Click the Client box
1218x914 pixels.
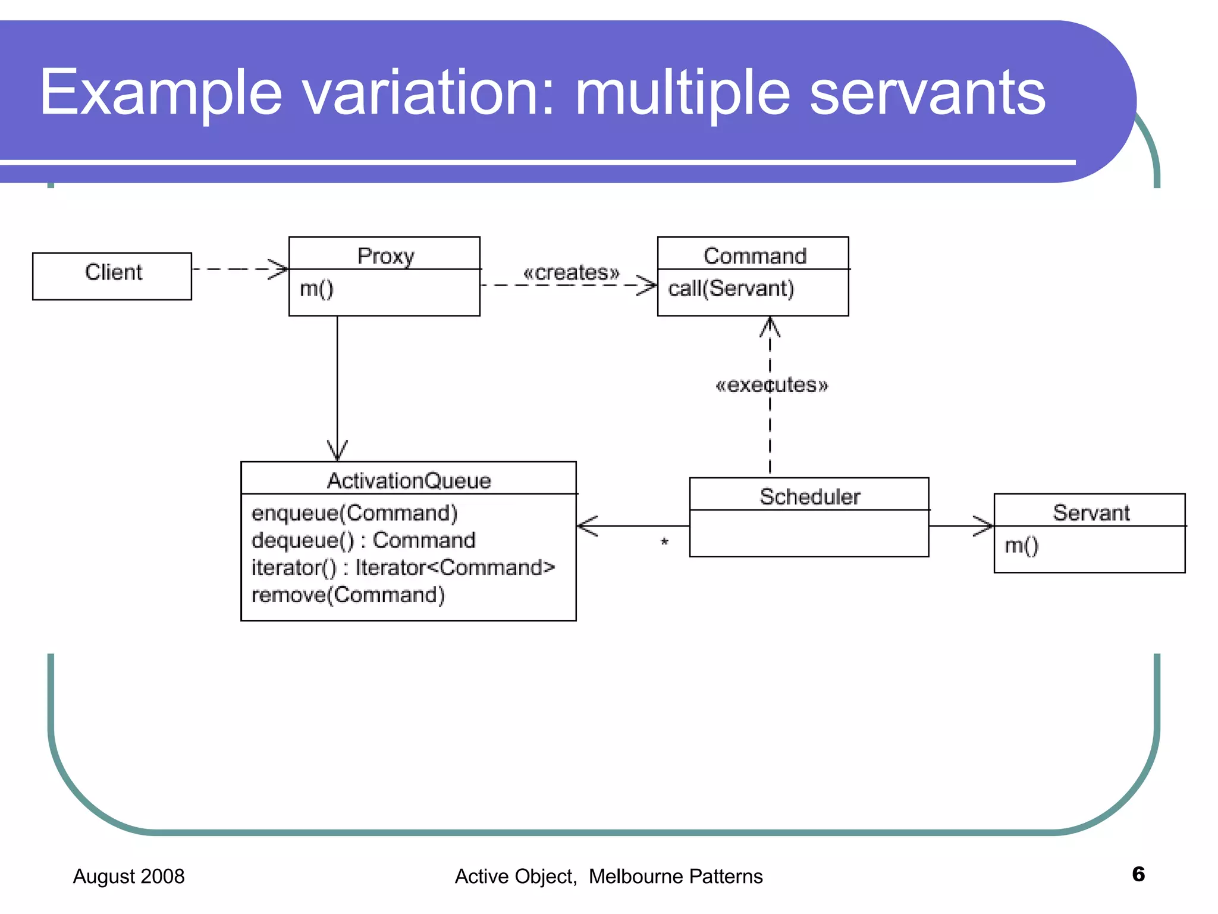point(112,276)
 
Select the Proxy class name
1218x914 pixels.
point(385,256)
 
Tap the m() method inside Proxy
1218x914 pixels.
point(316,289)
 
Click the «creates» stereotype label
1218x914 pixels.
point(571,273)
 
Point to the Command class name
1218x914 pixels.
point(755,256)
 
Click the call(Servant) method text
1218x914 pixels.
point(731,289)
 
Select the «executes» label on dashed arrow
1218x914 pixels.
point(771,385)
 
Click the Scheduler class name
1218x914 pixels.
point(809,496)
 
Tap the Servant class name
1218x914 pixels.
point(1091,512)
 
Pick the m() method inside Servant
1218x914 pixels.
point(1021,545)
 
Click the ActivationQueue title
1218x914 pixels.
point(409,480)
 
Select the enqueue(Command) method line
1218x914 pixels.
point(354,513)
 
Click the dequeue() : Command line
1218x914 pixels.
point(363,540)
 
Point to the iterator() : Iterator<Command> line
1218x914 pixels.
point(403,568)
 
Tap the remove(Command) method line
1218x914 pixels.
point(348,595)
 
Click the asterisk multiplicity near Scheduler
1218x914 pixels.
point(664,542)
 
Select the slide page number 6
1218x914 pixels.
point(1138,874)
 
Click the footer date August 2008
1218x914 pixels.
point(128,877)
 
